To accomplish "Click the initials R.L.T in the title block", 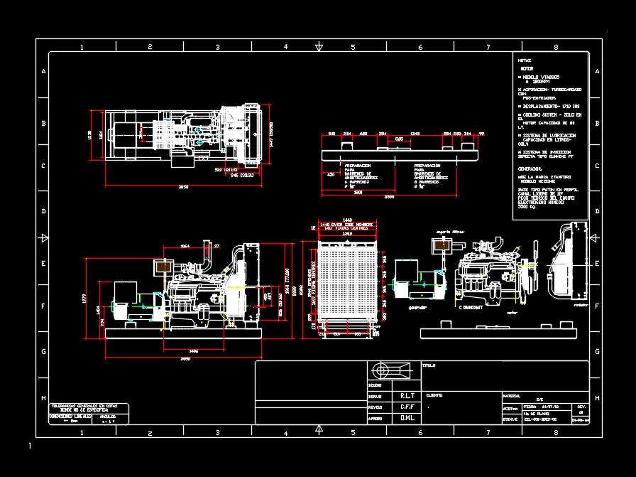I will tap(407, 395).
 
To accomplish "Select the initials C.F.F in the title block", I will tap(407, 407).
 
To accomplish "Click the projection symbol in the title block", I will tap(391, 371).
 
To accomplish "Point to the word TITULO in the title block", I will tap(429, 366).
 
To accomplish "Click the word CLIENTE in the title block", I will tap(434, 395).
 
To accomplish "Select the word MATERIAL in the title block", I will tap(511, 396).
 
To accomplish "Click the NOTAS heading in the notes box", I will tap(525, 61).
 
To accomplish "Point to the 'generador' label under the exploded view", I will tap(417, 308).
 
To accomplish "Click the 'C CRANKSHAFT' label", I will tap(469, 308).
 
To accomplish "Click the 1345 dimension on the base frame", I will tap(415, 133).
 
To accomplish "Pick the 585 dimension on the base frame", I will tap(400, 139).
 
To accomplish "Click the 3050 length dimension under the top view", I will tap(183, 186).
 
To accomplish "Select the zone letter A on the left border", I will tap(43, 72).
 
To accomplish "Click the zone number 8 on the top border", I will tap(556, 47).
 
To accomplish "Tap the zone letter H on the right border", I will tap(596, 398).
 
